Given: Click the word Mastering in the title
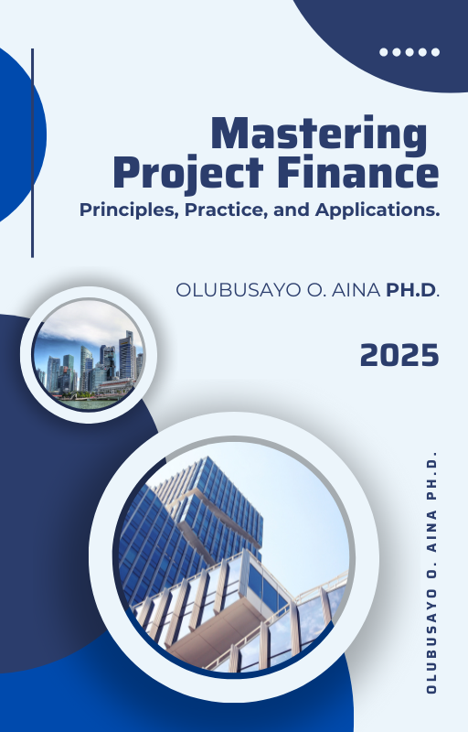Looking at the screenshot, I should click(x=319, y=135).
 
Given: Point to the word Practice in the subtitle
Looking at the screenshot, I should click(x=227, y=210).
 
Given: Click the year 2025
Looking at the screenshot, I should click(x=399, y=355).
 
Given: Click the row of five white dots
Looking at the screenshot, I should click(x=409, y=52).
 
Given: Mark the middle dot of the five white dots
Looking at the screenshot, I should click(x=409, y=52).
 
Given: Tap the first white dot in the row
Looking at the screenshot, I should click(x=384, y=52).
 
